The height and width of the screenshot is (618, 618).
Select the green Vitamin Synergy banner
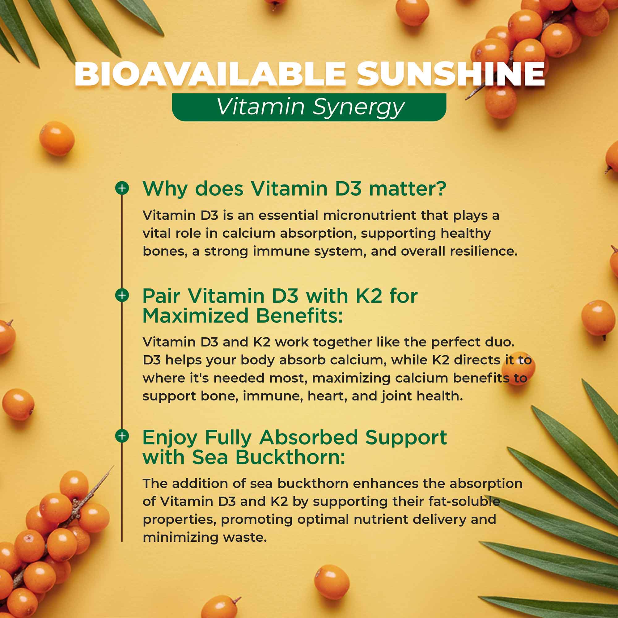point(309,107)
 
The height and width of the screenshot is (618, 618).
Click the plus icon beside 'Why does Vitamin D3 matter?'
point(122,188)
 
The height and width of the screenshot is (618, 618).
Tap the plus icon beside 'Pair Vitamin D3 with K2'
point(122,295)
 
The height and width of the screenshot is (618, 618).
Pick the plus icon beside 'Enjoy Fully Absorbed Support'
point(122,436)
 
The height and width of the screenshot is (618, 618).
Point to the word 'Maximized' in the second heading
point(196,316)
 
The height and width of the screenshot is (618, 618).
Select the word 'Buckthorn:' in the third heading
point(290,457)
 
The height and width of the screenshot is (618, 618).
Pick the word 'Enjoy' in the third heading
point(170,438)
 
